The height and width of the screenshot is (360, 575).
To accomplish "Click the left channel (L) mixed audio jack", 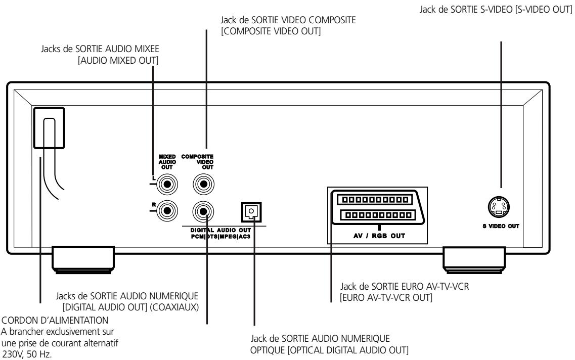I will pos(166,184).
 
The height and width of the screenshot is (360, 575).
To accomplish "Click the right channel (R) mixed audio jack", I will pos(166,208).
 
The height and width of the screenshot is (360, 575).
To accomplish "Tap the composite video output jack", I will pos(203,184).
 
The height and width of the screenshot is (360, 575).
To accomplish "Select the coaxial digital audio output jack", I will pos(203,208).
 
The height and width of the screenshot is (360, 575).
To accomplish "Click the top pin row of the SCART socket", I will pos(375,200).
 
